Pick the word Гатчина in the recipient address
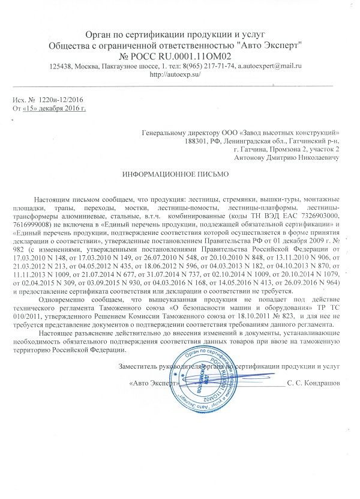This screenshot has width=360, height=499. (249, 149)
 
